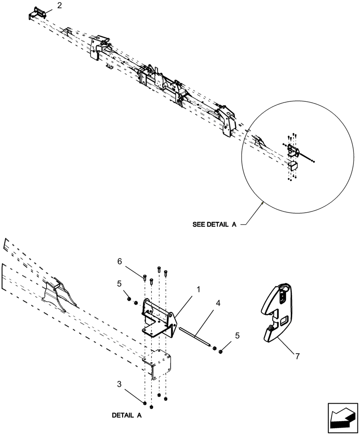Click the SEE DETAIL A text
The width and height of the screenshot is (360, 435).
214,225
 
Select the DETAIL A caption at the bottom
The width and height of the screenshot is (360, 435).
127,415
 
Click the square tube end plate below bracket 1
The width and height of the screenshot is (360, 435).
158,364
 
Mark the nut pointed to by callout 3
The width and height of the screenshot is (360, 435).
144,398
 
